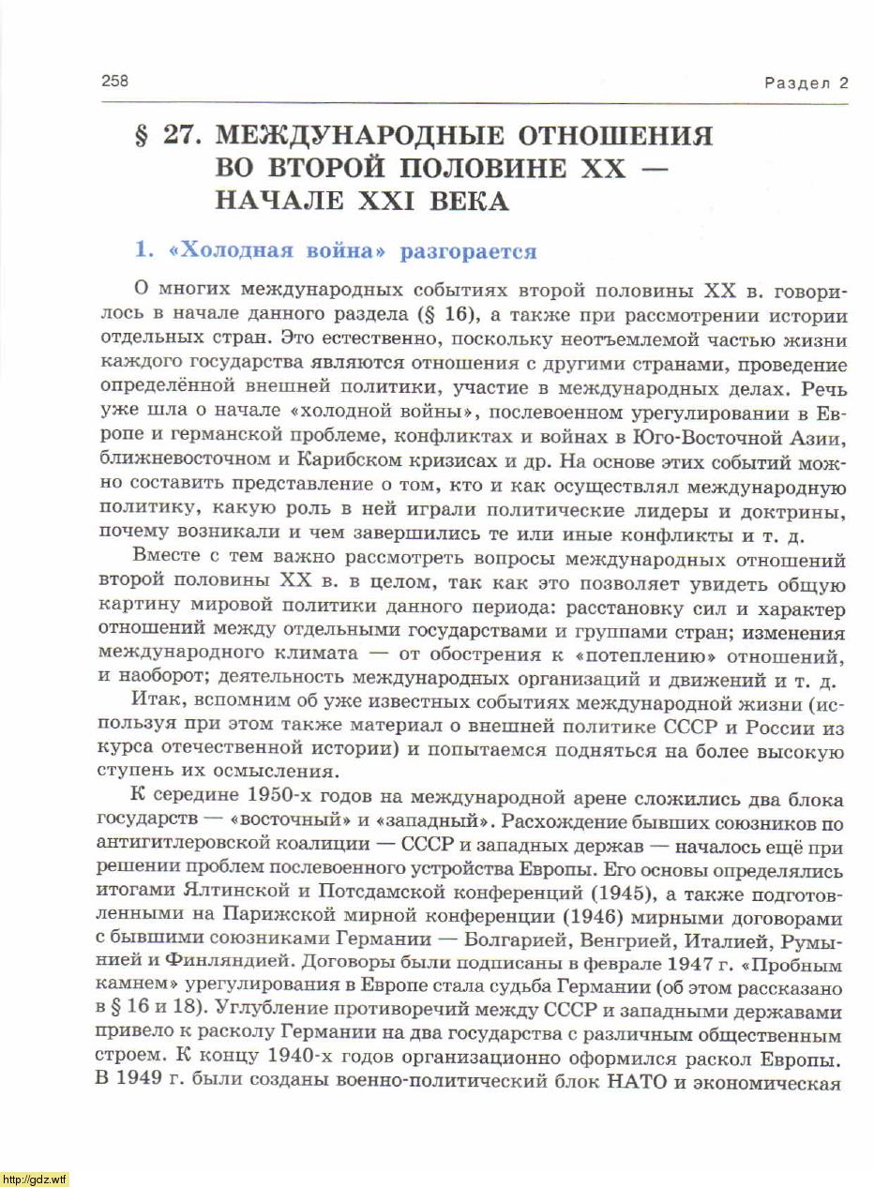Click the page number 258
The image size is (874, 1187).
pyautogui.click(x=114, y=81)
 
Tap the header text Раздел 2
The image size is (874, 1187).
pyautogui.click(x=806, y=83)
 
